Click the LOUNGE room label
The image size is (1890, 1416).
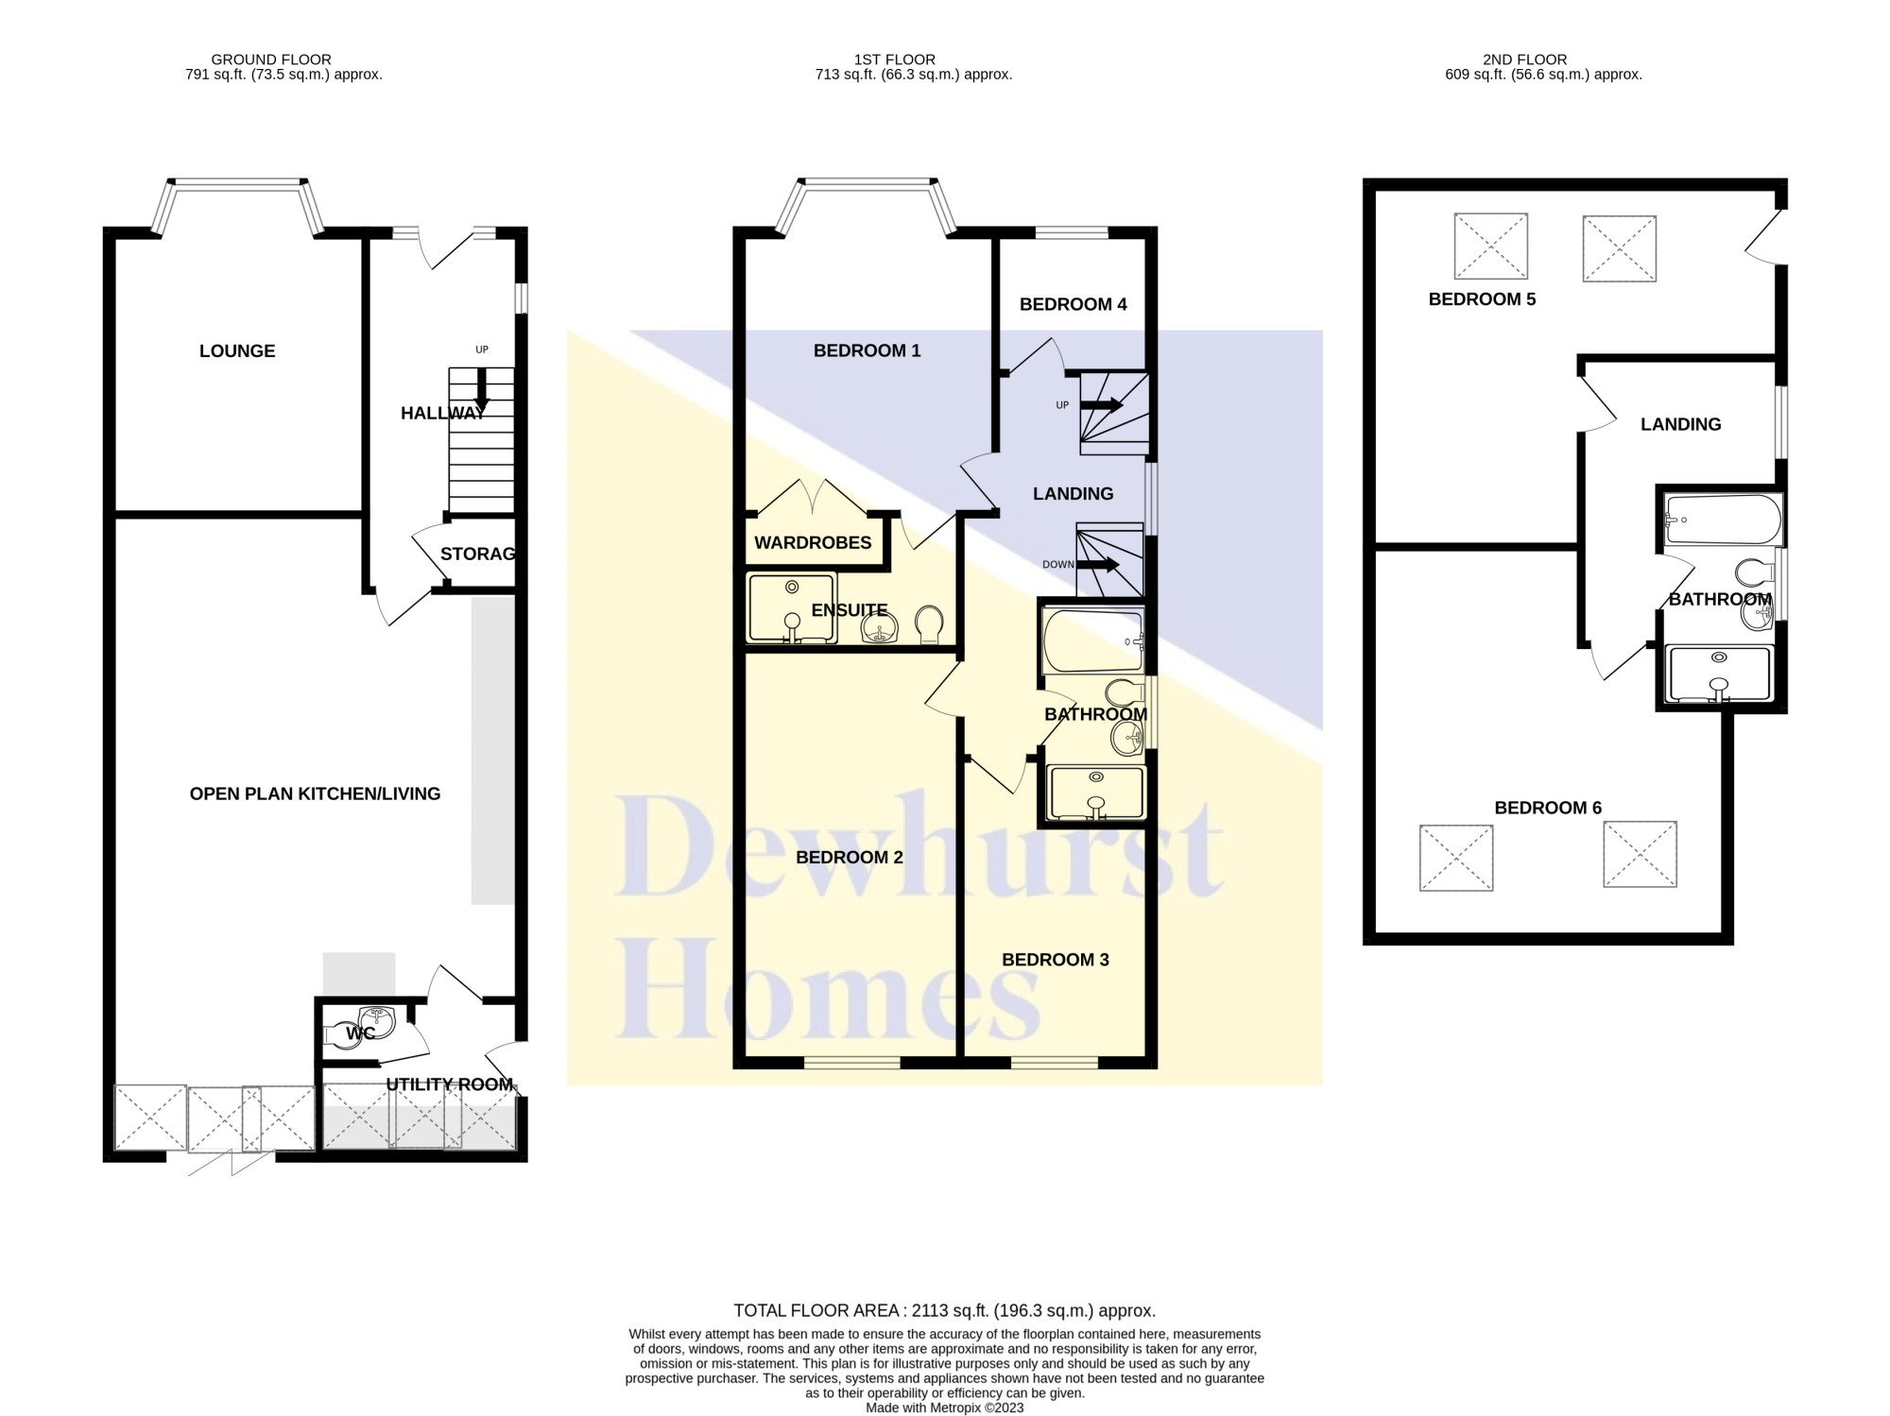pos(237,350)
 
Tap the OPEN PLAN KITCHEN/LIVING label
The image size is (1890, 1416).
pos(315,793)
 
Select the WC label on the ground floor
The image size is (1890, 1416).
pos(360,1033)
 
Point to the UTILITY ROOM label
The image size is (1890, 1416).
pos(450,1084)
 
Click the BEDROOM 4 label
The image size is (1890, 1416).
pos(1073,304)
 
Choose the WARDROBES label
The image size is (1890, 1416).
pos(813,543)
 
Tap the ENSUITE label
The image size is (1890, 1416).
pos(850,610)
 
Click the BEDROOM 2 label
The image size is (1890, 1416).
pos(850,858)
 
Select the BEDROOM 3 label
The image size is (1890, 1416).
pos(1056,960)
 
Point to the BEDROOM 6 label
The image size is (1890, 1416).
pos(1548,808)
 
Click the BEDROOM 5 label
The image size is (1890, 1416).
pos(1482,299)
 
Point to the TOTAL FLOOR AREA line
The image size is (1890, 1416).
pos(945,1310)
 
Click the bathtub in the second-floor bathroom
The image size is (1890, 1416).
pos(1724,520)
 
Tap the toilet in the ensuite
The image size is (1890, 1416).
pos(929,623)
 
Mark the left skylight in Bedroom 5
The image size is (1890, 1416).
pos(1490,247)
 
